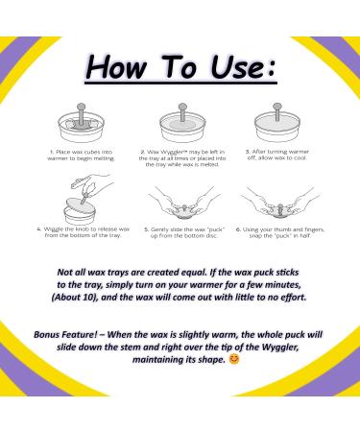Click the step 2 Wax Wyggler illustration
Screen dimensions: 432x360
coord(180,126)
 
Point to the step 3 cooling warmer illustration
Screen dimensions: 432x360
coord(276,126)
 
